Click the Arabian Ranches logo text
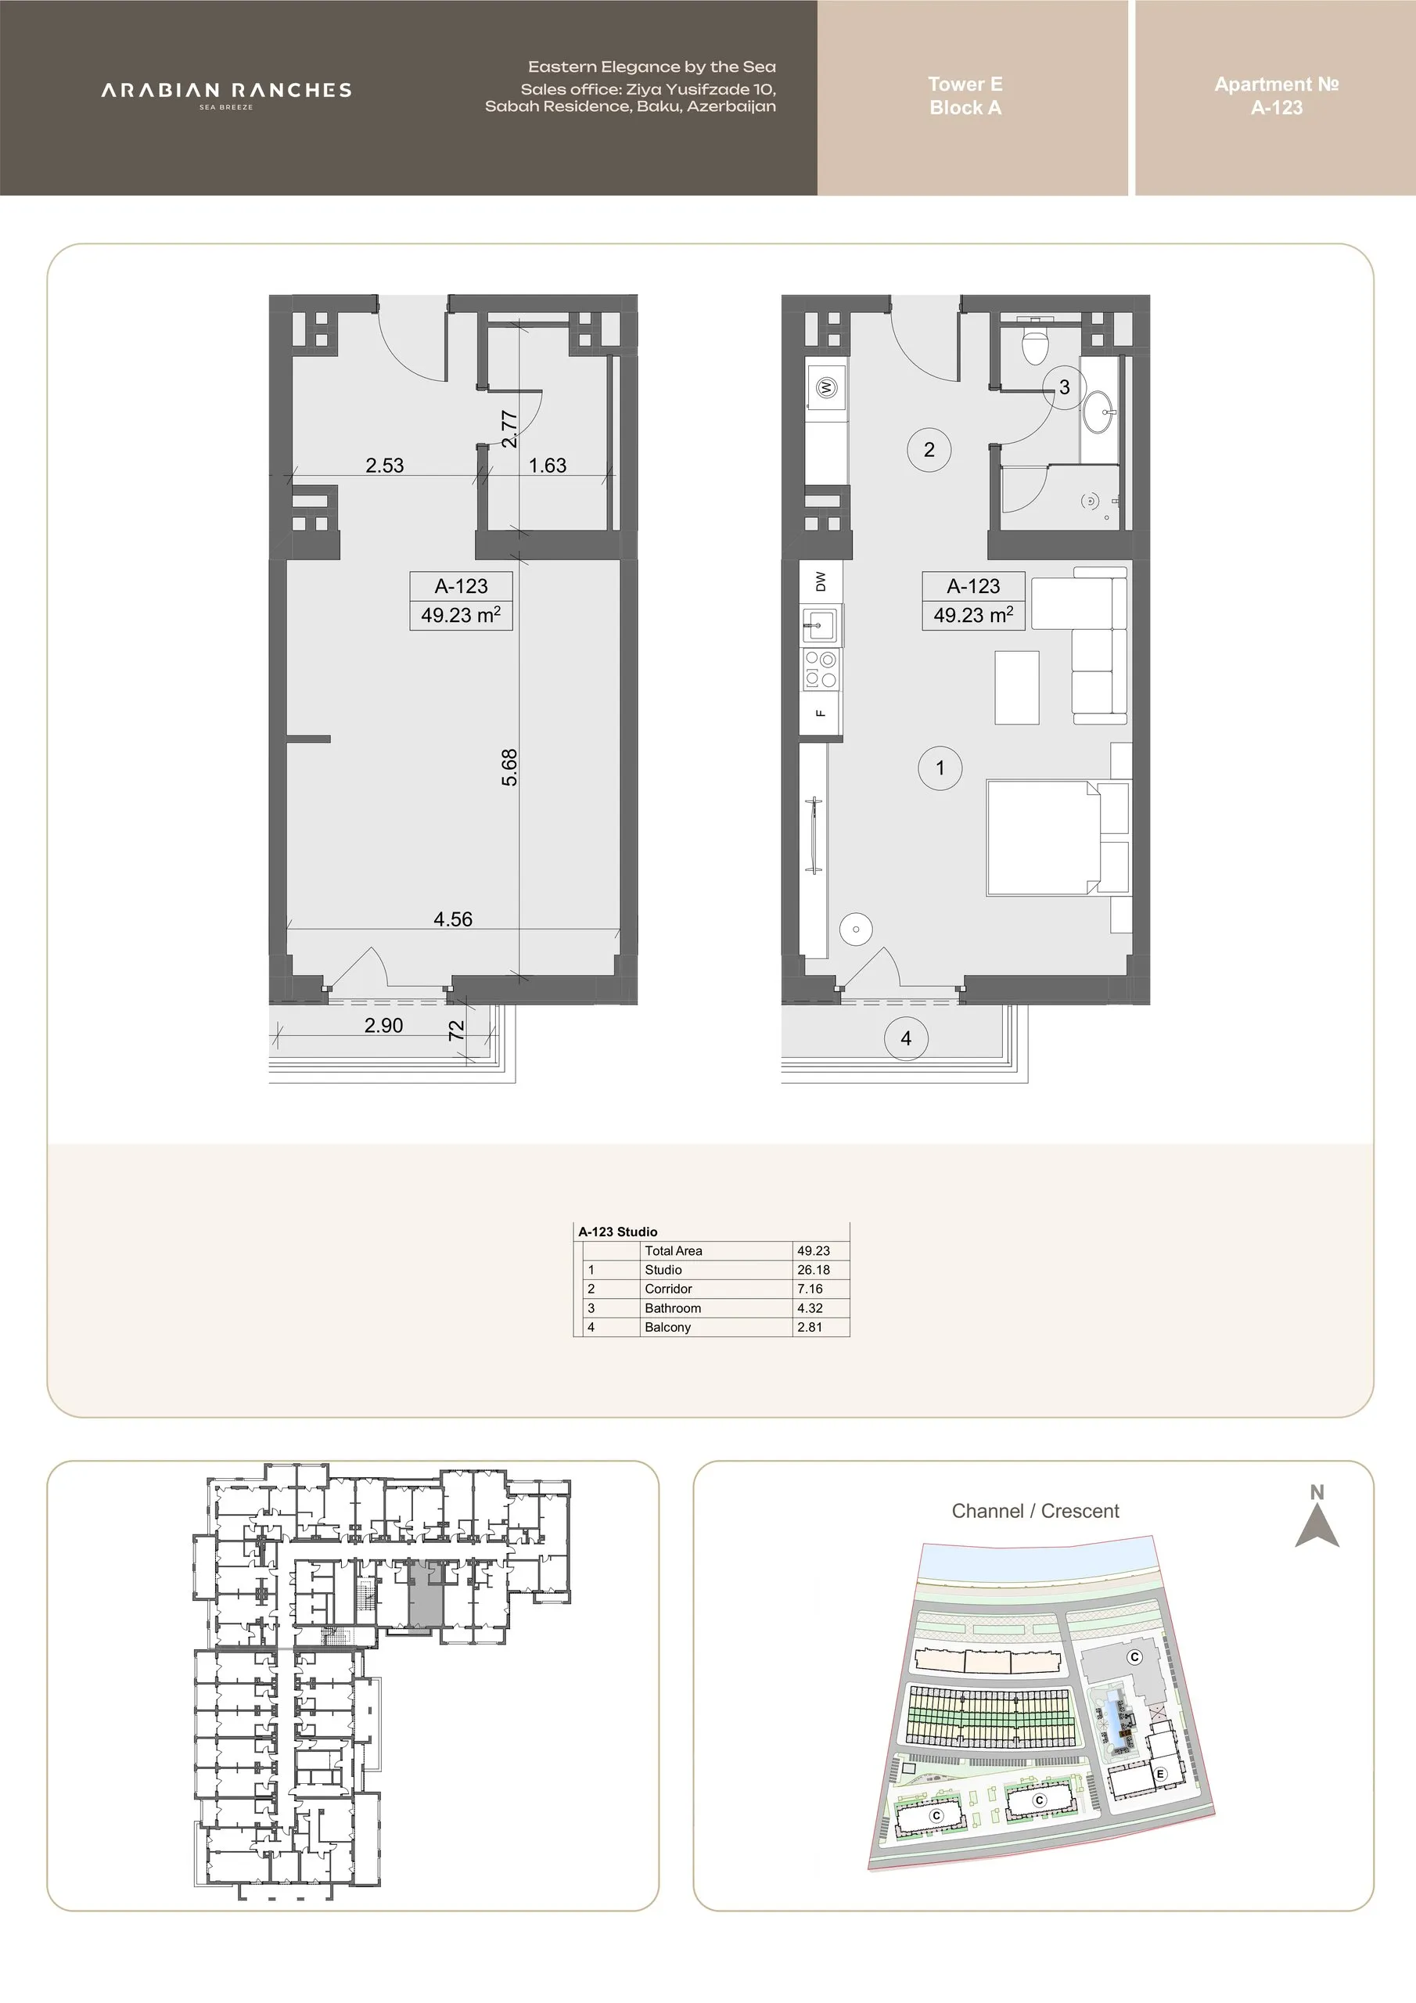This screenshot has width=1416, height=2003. pyautogui.click(x=226, y=91)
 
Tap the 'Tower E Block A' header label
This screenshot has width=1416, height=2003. pyautogui.click(x=965, y=96)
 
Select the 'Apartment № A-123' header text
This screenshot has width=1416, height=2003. pyautogui.click(x=1277, y=96)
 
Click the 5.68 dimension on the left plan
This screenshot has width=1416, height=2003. pyautogui.click(x=509, y=767)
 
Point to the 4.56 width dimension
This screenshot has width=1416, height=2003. pyautogui.click(x=453, y=919)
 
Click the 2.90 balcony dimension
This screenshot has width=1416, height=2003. pyautogui.click(x=384, y=1025)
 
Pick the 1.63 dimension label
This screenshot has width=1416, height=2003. pyautogui.click(x=548, y=465)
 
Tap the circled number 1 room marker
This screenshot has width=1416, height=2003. pyautogui.click(x=940, y=768)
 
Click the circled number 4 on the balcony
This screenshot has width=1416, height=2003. pyautogui.click(x=906, y=1038)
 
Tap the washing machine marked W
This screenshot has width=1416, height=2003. pyautogui.click(x=826, y=387)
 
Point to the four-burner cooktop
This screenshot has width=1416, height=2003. pyautogui.click(x=821, y=670)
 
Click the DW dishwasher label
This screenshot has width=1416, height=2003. pyautogui.click(x=820, y=581)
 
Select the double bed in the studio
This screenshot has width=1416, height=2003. pyautogui.click(x=1058, y=837)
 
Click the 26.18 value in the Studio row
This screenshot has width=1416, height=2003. pyautogui.click(x=813, y=1269)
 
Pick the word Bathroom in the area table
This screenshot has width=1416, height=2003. pyautogui.click(x=673, y=1307)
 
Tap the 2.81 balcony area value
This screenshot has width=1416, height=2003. pyautogui.click(x=810, y=1327)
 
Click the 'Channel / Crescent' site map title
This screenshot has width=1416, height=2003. pyautogui.click(x=1035, y=1511)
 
